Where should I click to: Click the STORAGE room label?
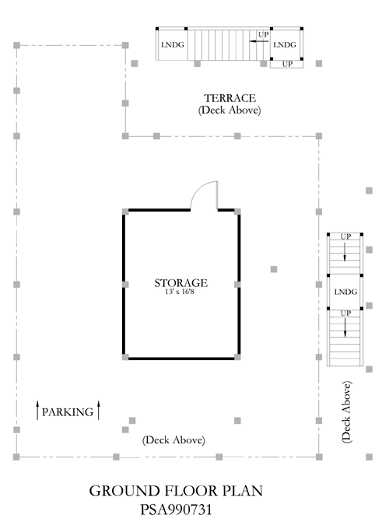tap(181, 283)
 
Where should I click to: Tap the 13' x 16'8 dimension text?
tap(180, 292)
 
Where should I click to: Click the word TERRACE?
tap(230, 98)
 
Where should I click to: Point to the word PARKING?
tap(68, 412)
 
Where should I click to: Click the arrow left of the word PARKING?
tap(37, 410)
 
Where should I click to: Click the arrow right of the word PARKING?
tap(99, 410)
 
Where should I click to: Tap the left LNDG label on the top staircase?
tap(173, 45)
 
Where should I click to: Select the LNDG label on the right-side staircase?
tap(345, 292)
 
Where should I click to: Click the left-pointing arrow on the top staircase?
tap(258, 41)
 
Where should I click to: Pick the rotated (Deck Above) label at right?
tap(346, 412)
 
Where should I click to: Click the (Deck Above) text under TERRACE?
tap(230, 110)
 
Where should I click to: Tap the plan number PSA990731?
tap(176, 509)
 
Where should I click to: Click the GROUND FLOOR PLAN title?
tap(176, 491)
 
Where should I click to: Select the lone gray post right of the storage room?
tap(274, 269)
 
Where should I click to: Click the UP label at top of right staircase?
tap(345, 236)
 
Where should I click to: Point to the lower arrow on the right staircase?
tap(345, 327)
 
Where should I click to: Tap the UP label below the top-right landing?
tap(287, 64)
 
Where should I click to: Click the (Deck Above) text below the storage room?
tap(173, 440)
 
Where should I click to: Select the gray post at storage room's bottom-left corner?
tap(125, 357)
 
